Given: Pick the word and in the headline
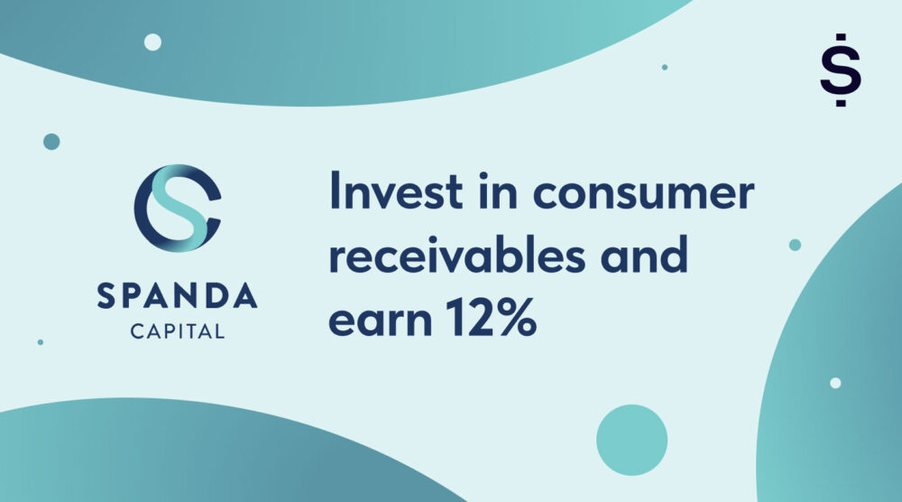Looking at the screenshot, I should [644, 257].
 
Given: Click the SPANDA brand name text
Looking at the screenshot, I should [178, 296].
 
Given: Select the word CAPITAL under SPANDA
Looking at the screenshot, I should [178, 332].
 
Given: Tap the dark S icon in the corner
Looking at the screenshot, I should [841, 71].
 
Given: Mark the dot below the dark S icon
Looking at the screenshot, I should [841, 105].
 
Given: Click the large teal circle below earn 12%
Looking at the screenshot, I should [631, 440].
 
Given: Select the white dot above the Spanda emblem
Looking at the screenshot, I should [152, 42].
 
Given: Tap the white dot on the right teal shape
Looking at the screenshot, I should [835, 383].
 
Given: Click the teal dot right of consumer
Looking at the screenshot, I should [795, 245].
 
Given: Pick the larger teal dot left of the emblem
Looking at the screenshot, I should [51, 141].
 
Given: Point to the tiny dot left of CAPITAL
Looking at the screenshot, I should [40, 342].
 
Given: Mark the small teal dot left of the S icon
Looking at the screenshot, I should [665, 67].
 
